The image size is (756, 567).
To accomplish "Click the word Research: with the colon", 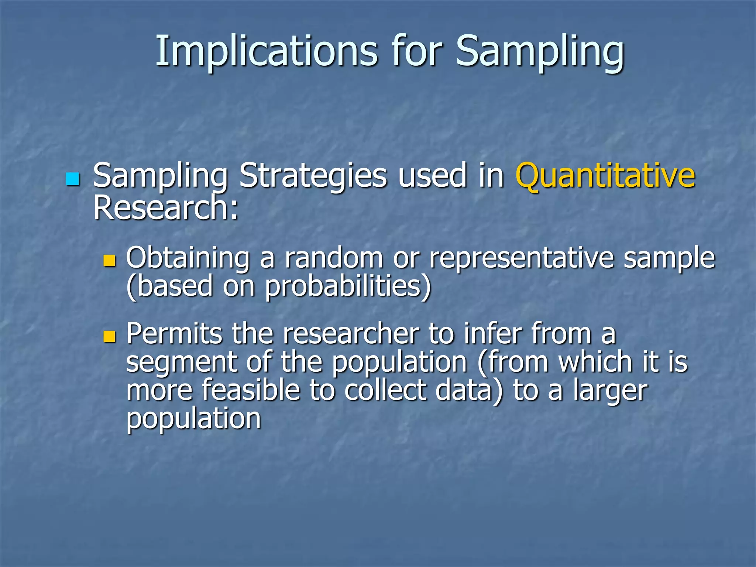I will tap(166, 207).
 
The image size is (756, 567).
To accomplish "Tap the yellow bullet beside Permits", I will tap(110, 336).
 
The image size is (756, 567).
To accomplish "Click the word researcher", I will tap(351, 333).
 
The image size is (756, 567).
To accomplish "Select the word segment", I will tap(181, 362).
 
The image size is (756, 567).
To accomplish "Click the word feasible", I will tap(251, 390).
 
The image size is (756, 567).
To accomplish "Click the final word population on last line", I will tap(194, 419).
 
